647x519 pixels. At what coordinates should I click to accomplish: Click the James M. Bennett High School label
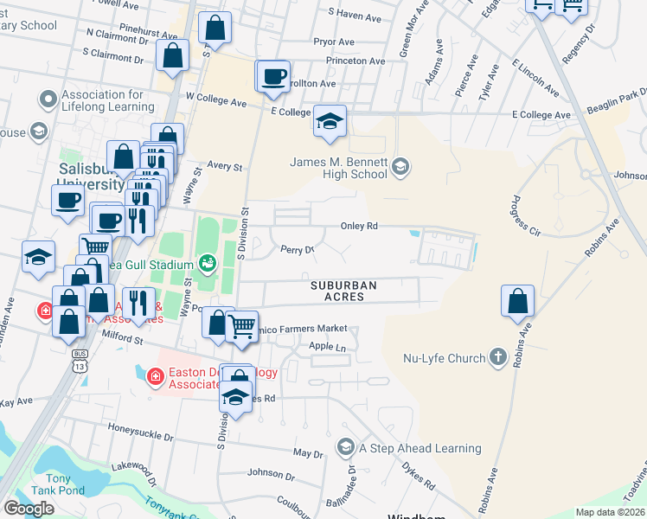338,168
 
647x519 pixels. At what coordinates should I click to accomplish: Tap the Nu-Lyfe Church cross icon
497,356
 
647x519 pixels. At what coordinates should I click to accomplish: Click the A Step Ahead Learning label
420,448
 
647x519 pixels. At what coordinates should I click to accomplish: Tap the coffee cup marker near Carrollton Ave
273,76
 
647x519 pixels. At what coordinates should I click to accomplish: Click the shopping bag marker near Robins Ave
517,302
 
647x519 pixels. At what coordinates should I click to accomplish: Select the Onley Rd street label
360,226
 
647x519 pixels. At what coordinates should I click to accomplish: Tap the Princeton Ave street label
356,61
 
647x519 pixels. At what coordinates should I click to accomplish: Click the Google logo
29,509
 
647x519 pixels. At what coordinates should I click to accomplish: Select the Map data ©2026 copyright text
610,512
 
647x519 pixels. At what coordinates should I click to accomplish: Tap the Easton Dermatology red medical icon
155,375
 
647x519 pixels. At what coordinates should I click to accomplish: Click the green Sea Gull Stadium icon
207,261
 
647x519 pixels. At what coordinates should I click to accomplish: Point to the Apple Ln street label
327,347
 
